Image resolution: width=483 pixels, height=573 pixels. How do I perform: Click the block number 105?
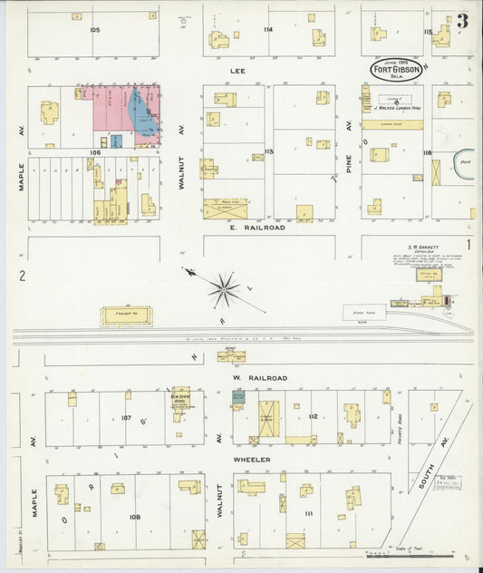click(94, 30)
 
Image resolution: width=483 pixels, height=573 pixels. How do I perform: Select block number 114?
click(267, 30)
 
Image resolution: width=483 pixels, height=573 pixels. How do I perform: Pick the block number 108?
click(135, 517)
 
